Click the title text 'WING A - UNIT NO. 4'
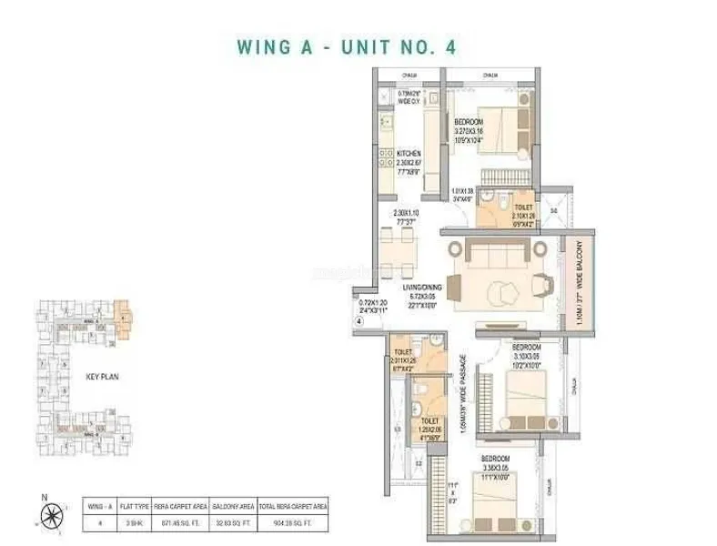point(358,47)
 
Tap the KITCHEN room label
point(409,154)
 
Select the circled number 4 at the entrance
point(358,320)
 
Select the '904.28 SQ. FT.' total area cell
point(293,524)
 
